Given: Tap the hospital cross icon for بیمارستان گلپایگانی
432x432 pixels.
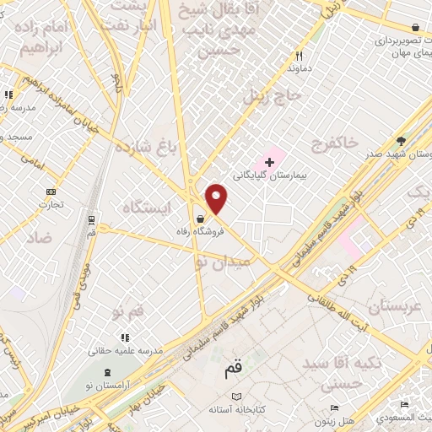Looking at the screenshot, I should tap(269, 161).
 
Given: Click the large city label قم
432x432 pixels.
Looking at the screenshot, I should tap(234, 369).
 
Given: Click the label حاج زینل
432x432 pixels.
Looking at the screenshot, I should tap(272, 95).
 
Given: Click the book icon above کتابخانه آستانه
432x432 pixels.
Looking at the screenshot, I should tap(237, 396).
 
